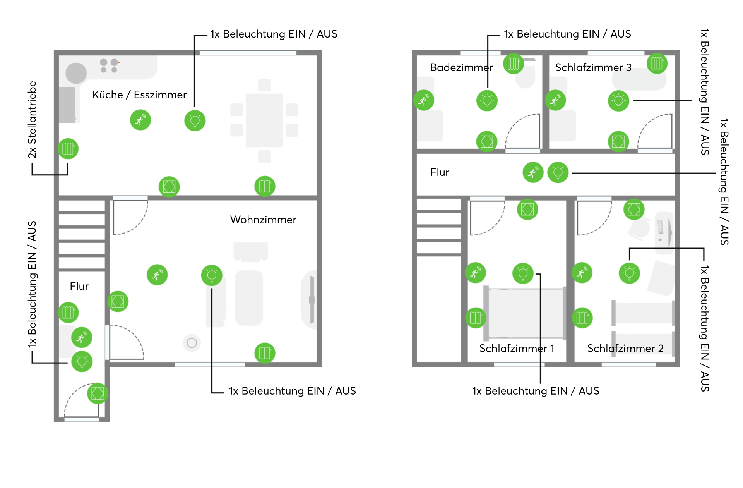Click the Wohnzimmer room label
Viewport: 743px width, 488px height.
[263, 220]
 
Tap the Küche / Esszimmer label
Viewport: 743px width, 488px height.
[139, 95]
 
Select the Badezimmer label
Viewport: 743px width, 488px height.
[461, 67]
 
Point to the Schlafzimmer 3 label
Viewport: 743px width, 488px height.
[593, 67]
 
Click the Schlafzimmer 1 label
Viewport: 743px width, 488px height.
[517, 348]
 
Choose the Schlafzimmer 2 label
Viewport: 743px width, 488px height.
[625, 348]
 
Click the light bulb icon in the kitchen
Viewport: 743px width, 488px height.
[195, 121]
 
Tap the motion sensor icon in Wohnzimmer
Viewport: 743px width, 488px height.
[157, 275]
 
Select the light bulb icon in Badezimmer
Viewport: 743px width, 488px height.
[487, 101]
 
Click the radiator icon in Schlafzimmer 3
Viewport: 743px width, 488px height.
[657, 63]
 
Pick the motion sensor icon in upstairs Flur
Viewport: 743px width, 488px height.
[533, 172]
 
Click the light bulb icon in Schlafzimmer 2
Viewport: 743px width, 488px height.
[630, 273]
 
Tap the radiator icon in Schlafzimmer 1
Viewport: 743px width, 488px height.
[476, 318]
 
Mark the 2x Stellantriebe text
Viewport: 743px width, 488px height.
[32, 120]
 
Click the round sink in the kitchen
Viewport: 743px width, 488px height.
[76, 73]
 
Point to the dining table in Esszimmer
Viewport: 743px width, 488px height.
[264, 120]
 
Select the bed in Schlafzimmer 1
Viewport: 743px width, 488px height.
[526, 313]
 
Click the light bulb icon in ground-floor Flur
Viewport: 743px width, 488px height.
[82, 361]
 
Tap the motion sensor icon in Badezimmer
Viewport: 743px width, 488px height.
[424, 100]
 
